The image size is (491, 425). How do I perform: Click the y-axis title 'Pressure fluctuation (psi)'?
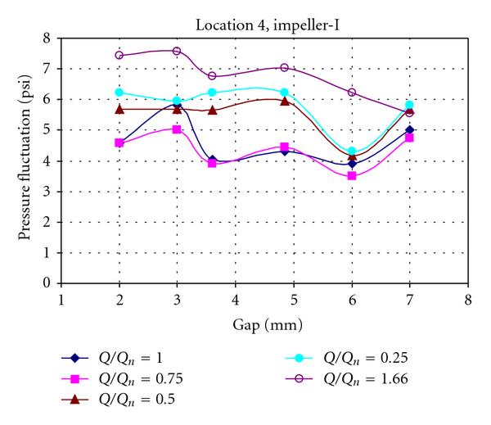pyautogui.click(x=25, y=161)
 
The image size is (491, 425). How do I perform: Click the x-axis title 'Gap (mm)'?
pyautogui.click(x=264, y=325)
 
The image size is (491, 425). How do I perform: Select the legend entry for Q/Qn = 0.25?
pyautogui.click(x=358, y=358)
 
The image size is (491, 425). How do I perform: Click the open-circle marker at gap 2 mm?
pyautogui.click(x=119, y=56)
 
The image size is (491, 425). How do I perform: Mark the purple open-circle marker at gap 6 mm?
pyautogui.click(x=352, y=93)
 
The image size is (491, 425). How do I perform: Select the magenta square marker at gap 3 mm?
pyautogui.click(x=178, y=129)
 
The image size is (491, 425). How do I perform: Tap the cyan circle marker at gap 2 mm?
pyautogui.click(x=119, y=93)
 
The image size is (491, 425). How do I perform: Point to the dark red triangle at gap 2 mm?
pyautogui.click(x=119, y=109)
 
